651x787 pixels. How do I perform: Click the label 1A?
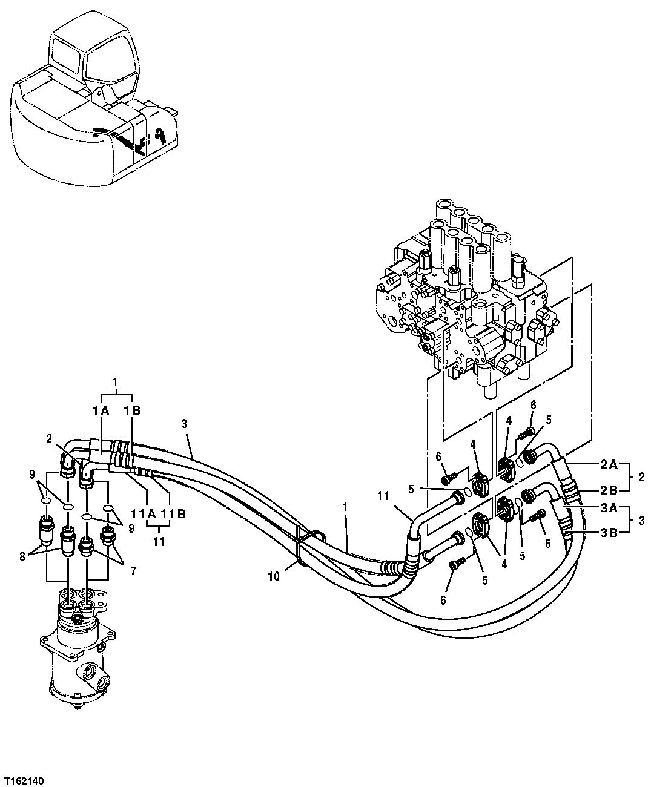pos(101,411)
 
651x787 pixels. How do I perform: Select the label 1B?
pos(133,411)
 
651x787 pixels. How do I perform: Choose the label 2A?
pos(609,465)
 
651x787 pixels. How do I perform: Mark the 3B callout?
pos(609,533)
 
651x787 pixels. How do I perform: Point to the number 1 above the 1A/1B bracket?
pos(116,383)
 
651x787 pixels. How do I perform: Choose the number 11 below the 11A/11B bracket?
pos(158,542)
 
